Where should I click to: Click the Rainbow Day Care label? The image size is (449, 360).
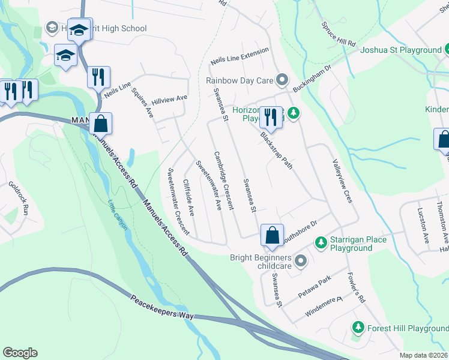tap(240, 80)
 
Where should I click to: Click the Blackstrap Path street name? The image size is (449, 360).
tap(277, 150)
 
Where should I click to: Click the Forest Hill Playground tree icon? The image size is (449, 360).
tap(358, 328)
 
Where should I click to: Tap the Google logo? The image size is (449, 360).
tap(20, 353)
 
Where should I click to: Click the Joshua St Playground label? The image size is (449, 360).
tap(400, 50)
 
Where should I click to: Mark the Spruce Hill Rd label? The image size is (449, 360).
tap(339, 35)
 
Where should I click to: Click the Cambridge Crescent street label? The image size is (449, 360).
tap(223, 179)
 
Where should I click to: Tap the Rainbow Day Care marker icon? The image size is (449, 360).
tap(282, 80)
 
